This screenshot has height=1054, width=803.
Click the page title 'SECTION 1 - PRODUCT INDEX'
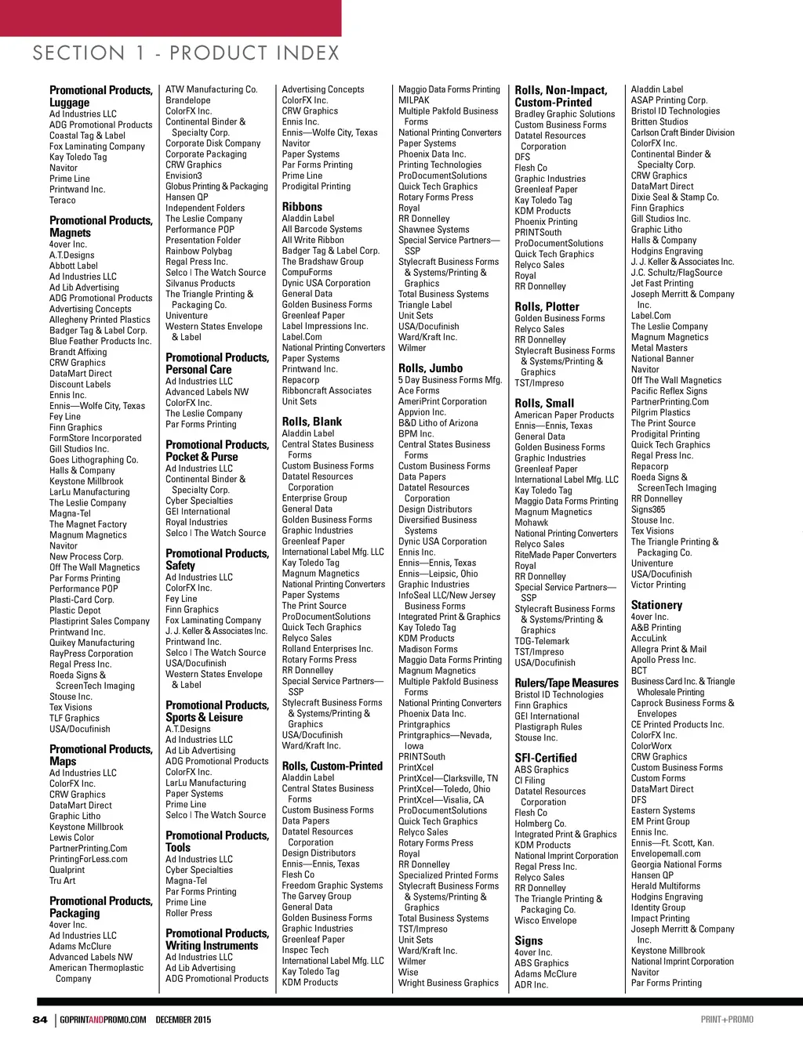pyautogui.click(x=186, y=53)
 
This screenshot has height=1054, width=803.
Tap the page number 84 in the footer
pyautogui.click(x=40, y=1020)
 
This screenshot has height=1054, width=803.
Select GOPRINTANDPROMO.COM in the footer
pyautogui.click(x=103, y=1020)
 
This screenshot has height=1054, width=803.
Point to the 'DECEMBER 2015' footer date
pyautogui.click(x=183, y=1020)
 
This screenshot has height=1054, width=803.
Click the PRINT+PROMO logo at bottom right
pyautogui.click(x=727, y=1020)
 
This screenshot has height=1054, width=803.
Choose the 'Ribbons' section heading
pyautogui.click(x=302, y=207)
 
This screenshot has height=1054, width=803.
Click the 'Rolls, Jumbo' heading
pyautogui.click(x=431, y=368)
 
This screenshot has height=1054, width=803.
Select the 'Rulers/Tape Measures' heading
pyautogui.click(x=566, y=683)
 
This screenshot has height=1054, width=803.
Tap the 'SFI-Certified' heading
pyautogui.click(x=545, y=759)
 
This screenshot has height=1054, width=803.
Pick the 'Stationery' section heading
pyautogui.click(x=656, y=605)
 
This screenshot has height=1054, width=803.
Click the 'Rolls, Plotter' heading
pyautogui.click(x=547, y=307)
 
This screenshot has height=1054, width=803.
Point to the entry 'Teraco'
pyautogui.click(x=63, y=201)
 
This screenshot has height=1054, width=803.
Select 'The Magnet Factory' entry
pyautogui.click(x=88, y=525)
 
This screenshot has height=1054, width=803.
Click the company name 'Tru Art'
pyautogui.click(x=63, y=881)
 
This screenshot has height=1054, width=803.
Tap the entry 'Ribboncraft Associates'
pyautogui.click(x=327, y=391)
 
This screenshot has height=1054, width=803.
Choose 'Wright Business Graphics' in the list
pyautogui.click(x=448, y=983)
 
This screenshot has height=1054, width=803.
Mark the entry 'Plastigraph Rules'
pyautogui.click(x=548, y=727)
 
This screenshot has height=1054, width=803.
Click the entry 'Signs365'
pyautogui.click(x=648, y=509)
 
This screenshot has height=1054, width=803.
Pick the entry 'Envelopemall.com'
pyautogui.click(x=666, y=854)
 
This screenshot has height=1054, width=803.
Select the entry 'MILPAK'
pyautogui.click(x=413, y=100)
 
